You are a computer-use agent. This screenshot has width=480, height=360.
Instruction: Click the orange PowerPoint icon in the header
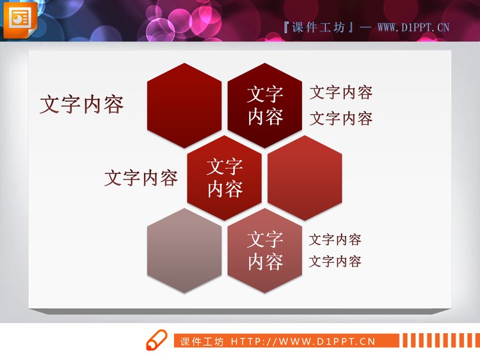(x=19, y=19)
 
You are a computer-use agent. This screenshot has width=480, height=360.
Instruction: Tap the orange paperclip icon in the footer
(x=156, y=341)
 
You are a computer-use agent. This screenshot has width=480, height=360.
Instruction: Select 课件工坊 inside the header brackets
(x=318, y=27)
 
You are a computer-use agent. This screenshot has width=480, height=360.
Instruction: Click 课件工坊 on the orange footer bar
(x=202, y=341)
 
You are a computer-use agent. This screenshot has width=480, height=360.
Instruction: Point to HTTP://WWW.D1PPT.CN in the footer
(x=303, y=341)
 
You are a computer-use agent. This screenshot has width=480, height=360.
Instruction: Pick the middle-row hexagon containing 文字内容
(x=225, y=178)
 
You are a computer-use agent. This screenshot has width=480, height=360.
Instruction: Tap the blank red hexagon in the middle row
(x=305, y=178)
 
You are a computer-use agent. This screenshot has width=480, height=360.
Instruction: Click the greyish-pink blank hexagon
(x=184, y=251)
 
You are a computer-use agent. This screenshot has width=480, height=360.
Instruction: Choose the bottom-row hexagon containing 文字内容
(x=265, y=251)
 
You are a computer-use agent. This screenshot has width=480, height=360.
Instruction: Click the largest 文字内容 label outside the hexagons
(x=81, y=105)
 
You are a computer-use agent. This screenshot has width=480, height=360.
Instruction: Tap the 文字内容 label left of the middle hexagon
(x=141, y=178)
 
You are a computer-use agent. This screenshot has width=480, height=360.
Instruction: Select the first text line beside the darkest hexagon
(x=341, y=93)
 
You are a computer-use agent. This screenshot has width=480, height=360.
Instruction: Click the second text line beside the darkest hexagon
(x=341, y=118)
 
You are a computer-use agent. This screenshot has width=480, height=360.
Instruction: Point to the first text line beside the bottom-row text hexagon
(x=335, y=240)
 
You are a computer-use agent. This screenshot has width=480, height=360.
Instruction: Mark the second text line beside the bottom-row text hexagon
(x=335, y=262)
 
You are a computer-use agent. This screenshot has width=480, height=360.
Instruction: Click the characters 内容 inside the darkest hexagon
(x=265, y=117)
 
